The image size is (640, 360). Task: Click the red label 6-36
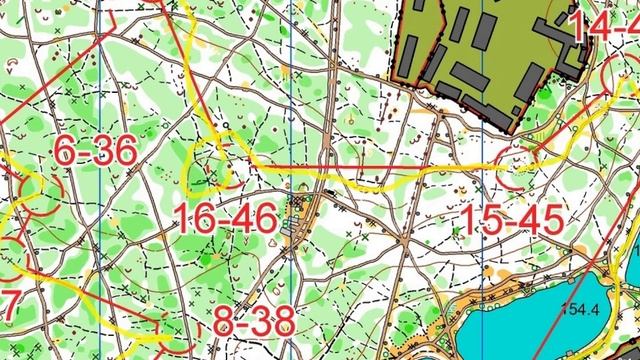pos(94,152)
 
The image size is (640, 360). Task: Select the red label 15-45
pos(514,220)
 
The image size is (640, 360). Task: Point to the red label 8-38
pos(254,322)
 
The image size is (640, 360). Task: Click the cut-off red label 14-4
pos(605,28)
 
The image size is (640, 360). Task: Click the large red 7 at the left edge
pos(8,306)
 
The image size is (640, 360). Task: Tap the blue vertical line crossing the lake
pos(483,320)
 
